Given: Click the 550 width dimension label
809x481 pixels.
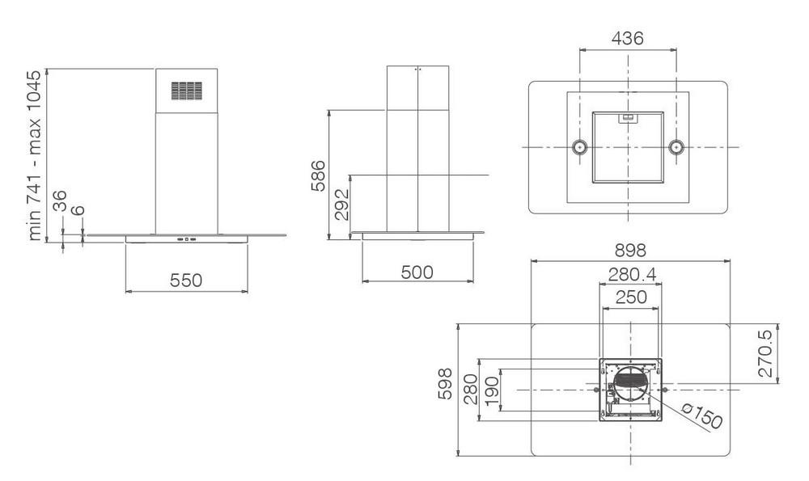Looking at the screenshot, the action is [x=186, y=280].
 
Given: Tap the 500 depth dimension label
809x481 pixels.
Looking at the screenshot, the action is [x=417, y=272].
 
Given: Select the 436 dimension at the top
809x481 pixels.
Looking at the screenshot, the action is [x=628, y=38].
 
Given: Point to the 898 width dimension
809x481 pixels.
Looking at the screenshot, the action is [x=630, y=250].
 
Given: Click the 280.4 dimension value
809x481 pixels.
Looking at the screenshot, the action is [x=632, y=274].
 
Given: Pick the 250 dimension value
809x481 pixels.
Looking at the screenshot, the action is [x=631, y=297].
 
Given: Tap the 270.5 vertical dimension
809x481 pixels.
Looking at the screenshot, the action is [x=766, y=353].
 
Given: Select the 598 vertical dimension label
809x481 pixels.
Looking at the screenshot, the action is [x=445, y=383].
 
